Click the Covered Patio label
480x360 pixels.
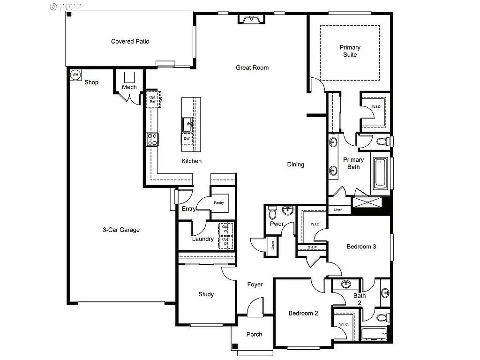coord(130,41)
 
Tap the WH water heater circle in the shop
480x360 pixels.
coord(75,75)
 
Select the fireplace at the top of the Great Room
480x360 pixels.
coord(251,19)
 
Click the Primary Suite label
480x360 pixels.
coord(350,51)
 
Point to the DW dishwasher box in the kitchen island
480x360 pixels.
coord(187,139)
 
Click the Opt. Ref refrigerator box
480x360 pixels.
coord(153,99)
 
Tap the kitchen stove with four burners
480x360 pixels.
coord(153,139)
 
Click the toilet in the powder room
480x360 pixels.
coord(272,213)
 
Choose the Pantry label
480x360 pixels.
coord(218,203)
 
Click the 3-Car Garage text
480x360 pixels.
coord(121,230)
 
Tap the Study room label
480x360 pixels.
coord(206,294)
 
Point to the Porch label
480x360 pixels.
coord(254,334)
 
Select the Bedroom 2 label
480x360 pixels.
coord(303,313)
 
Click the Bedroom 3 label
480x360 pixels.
coord(361,247)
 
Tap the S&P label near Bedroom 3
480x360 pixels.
coord(312,247)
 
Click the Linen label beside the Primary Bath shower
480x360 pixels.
coord(338,210)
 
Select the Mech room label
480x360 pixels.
coord(129,87)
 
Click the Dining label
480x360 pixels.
coord(295,165)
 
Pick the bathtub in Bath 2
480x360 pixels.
coord(374,334)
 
